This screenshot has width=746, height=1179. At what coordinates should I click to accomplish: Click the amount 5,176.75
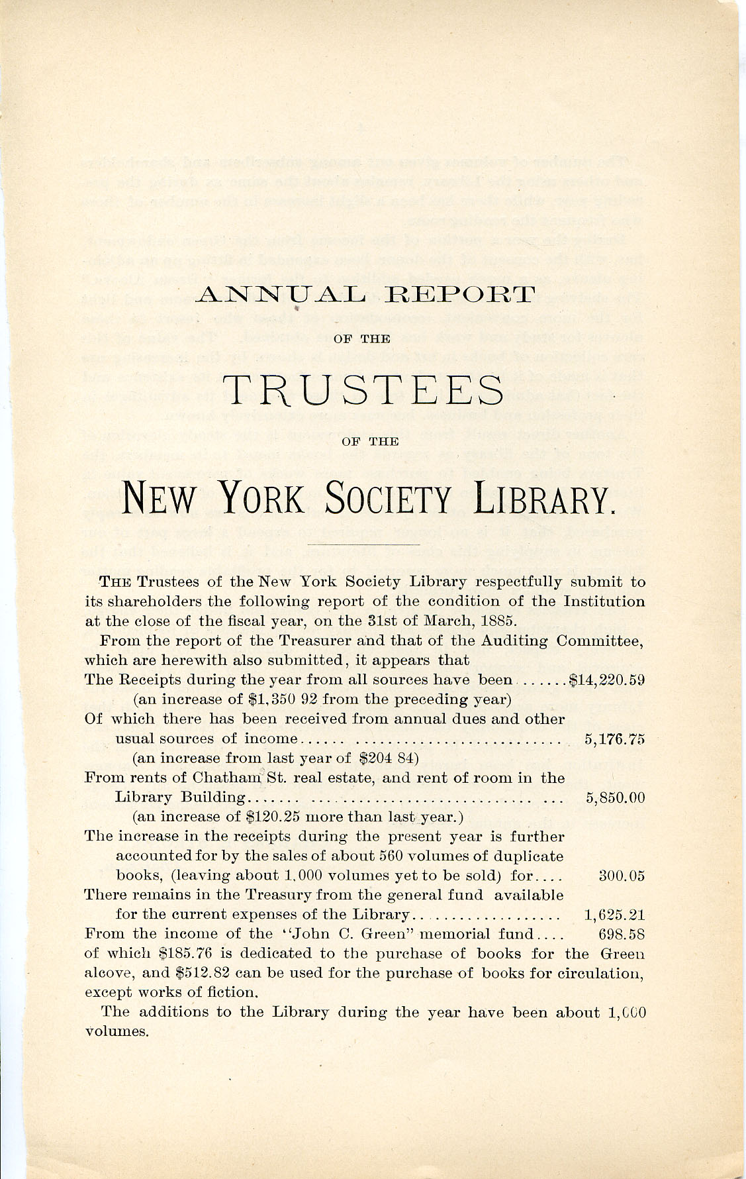click(x=615, y=739)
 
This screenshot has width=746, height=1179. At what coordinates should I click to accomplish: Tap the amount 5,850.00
click(x=615, y=798)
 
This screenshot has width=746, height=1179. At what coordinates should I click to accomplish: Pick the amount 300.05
click(x=621, y=876)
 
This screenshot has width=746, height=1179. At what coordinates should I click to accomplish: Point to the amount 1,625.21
click(x=614, y=915)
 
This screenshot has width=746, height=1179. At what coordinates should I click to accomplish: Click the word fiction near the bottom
click(x=236, y=992)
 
